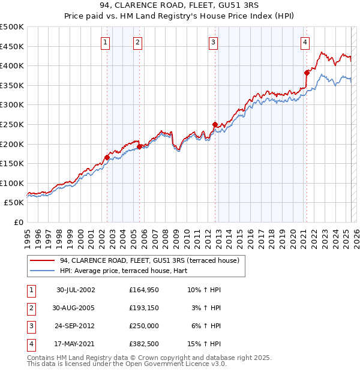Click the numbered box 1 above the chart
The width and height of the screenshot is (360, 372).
[x=105, y=42]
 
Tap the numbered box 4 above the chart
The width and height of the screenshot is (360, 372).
[x=305, y=42]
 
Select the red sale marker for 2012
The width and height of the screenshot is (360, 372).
[x=214, y=124]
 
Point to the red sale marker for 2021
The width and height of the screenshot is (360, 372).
[x=307, y=73]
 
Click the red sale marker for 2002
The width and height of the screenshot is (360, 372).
[x=107, y=158]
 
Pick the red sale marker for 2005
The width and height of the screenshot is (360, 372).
[x=139, y=146]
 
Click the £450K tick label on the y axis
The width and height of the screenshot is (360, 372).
[x=12, y=46]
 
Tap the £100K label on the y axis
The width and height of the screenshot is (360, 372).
[x=12, y=183]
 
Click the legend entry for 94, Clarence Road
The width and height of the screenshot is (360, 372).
[x=149, y=260]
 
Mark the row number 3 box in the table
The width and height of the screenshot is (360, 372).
[x=30, y=326]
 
